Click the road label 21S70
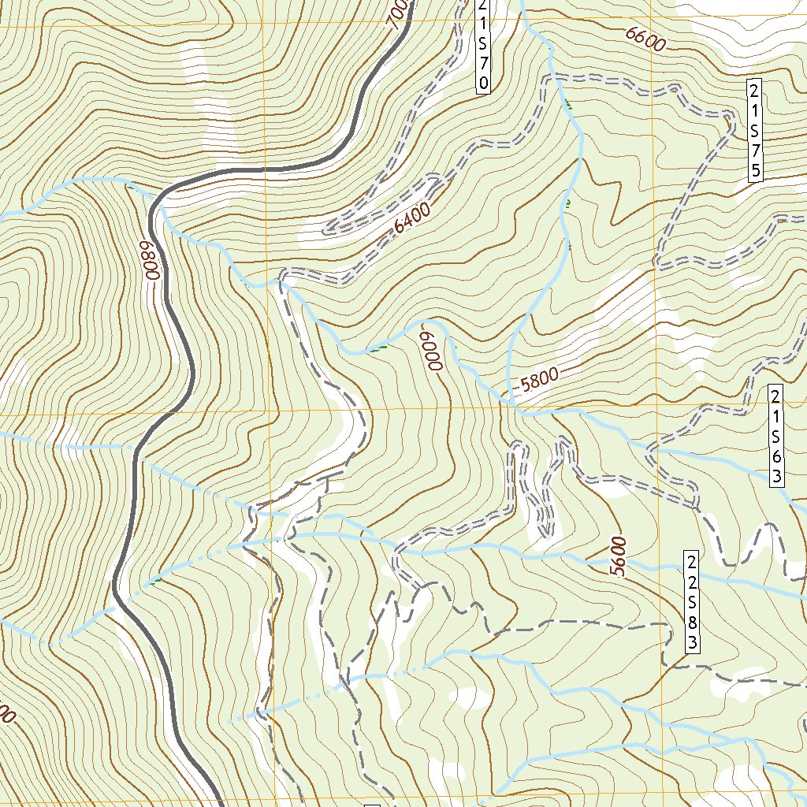[x=483, y=46]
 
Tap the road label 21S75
[x=755, y=129]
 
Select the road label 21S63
[x=776, y=435]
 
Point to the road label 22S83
[x=691, y=602]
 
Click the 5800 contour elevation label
[x=540, y=382]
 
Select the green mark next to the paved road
[x=158, y=581]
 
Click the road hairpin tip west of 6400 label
[x=327, y=231]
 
